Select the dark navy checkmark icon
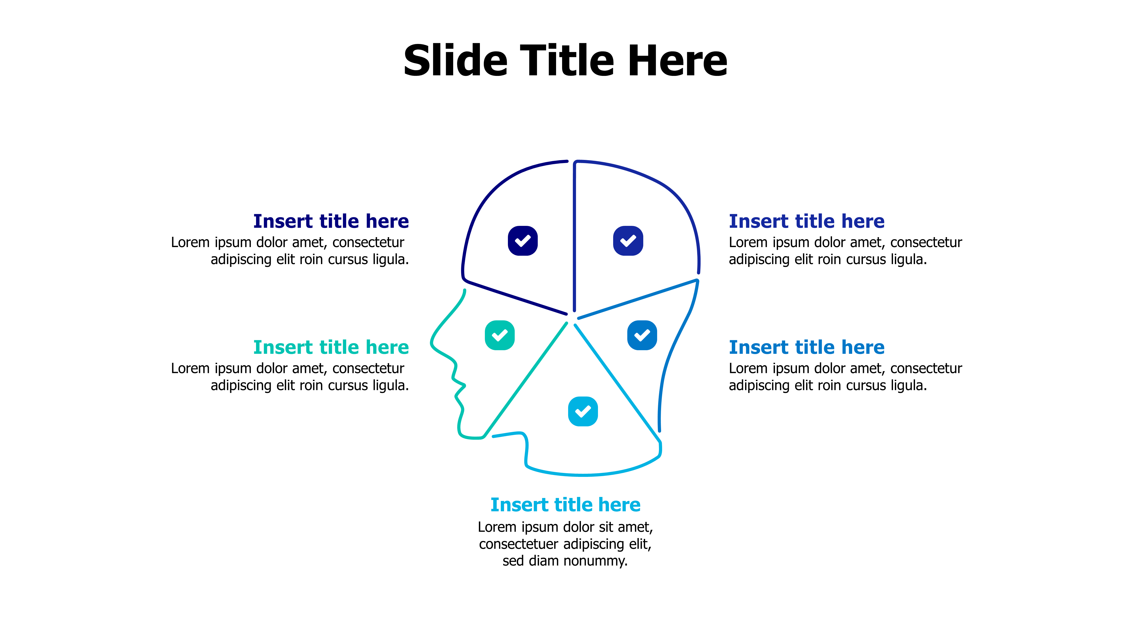[523, 241]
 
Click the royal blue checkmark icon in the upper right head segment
[628, 241]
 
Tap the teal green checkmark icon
[499, 335]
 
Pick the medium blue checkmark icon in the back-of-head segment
[642, 335]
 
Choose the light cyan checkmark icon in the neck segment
[583, 411]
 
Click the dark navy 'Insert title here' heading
[331, 221]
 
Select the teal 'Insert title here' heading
[331, 347]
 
